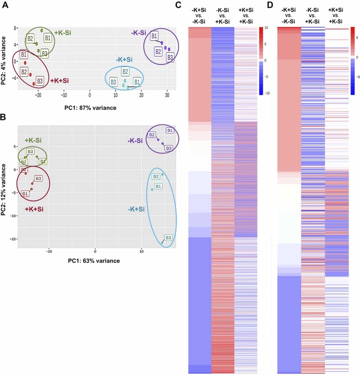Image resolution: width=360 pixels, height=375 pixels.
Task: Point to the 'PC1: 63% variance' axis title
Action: click(x=94, y=260)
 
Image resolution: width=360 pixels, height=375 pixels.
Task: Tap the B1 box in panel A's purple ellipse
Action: click(x=154, y=36)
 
